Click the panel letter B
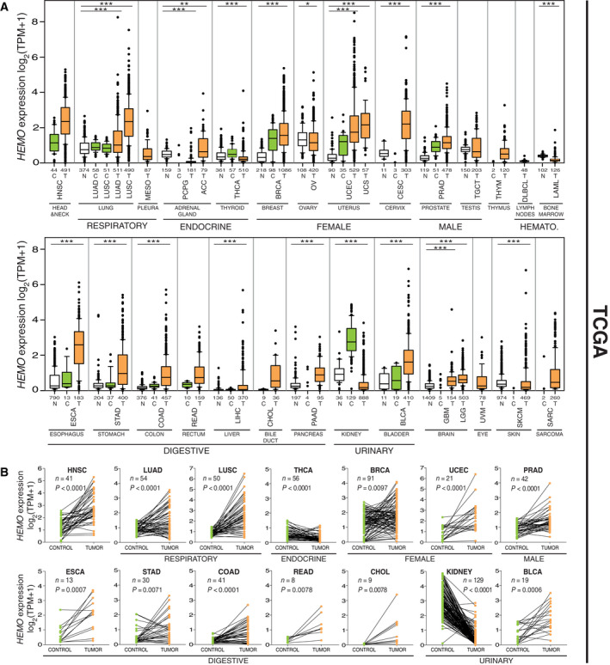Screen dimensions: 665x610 7,472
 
